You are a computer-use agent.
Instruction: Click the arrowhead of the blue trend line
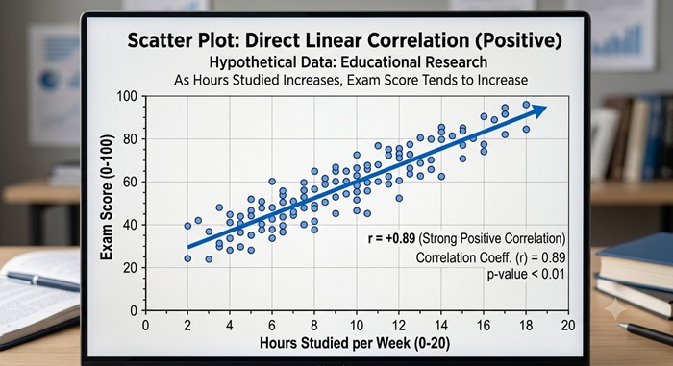539,110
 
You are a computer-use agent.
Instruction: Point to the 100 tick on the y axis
127,96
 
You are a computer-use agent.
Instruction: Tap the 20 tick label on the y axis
129,268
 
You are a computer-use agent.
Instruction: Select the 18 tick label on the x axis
526,326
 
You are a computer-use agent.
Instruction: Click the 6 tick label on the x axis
272,326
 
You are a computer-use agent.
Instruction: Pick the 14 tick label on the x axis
441,326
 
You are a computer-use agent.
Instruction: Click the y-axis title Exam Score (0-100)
107,197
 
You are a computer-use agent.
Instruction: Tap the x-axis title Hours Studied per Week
336,343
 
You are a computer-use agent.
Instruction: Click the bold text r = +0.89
392,238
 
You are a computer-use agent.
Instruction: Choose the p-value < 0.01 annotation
526,274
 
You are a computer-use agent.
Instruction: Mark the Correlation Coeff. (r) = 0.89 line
490,257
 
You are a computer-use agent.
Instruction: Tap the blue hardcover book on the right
635,261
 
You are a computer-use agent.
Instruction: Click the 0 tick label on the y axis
134,310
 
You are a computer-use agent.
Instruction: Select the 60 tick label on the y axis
129,182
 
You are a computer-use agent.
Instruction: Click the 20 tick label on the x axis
568,326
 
